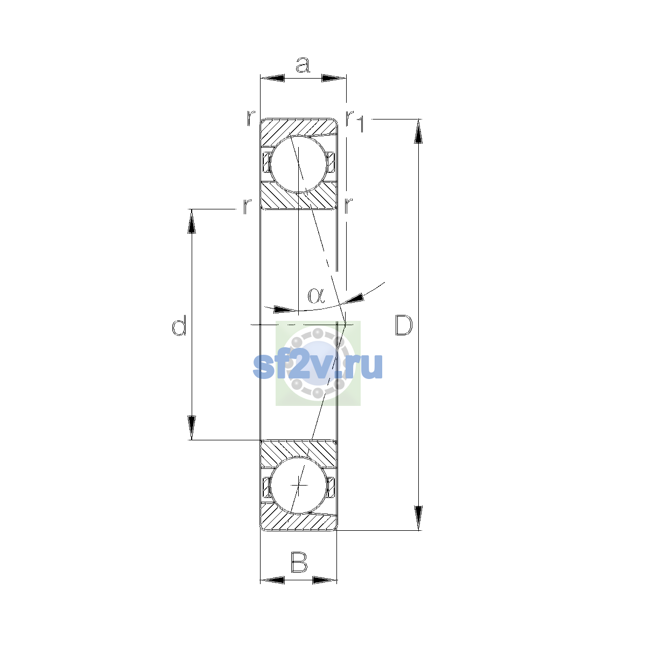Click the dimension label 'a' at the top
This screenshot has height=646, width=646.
pos(303,65)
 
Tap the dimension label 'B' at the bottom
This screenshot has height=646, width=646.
pos(299,562)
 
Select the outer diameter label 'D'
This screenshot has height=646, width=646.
pos(404,325)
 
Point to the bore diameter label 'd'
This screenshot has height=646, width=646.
pos(179,325)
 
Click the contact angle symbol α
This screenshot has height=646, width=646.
pos(316,296)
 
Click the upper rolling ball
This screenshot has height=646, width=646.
pos(298,164)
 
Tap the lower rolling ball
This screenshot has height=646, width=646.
pos(298,485)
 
